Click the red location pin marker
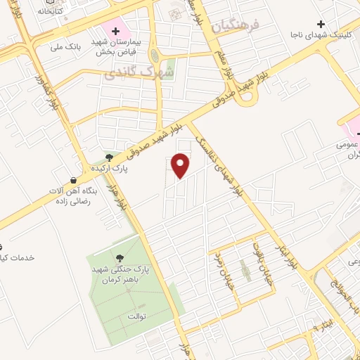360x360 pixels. (181, 165)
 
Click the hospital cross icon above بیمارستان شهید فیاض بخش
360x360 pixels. (115, 31)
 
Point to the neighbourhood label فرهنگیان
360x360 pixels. (235, 26)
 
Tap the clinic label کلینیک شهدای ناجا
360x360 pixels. (320, 34)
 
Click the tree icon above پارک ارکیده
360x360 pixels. (108, 157)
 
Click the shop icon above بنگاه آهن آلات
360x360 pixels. (74, 180)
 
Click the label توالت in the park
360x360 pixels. (136, 316)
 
